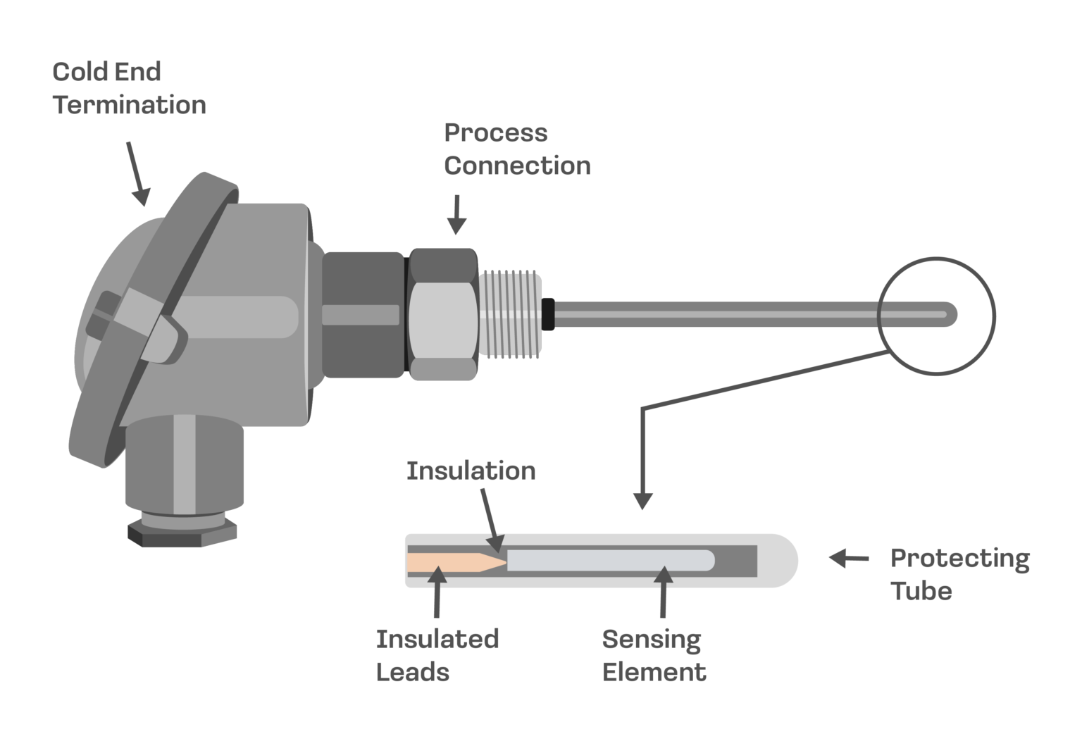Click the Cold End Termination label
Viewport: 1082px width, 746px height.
click(x=129, y=88)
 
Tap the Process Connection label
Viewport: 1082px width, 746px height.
click(x=516, y=149)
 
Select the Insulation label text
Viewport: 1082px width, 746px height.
click(x=471, y=471)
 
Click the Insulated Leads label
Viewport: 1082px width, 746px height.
click(x=437, y=655)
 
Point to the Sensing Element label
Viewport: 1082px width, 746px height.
click(x=653, y=655)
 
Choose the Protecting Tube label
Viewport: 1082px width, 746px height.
click(x=959, y=574)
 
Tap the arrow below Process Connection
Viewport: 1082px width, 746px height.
click(x=456, y=214)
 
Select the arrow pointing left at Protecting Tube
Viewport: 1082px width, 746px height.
click(x=848, y=559)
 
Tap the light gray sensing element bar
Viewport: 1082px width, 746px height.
click(x=609, y=561)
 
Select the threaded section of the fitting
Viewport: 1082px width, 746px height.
click(x=511, y=313)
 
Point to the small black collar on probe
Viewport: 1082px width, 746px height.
click(x=548, y=314)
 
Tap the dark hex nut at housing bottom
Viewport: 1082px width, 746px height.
click(x=182, y=534)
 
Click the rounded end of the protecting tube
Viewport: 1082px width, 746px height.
click(x=783, y=561)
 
